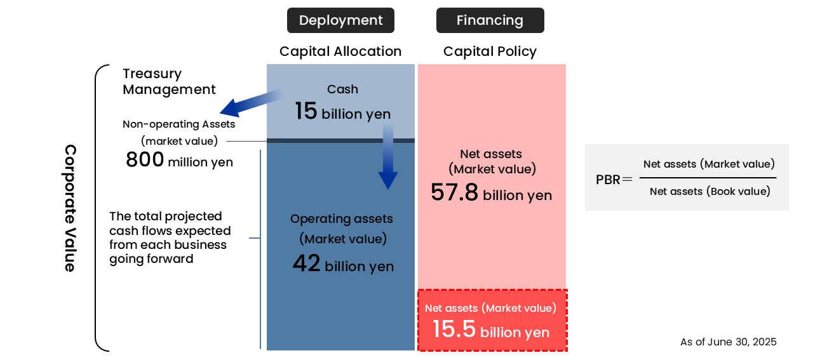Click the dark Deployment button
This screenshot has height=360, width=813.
pyautogui.click(x=340, y=20)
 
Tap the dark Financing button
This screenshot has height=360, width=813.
pyautogui.click(x=490, y=20)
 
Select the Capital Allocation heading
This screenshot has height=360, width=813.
pyautogui.click(x=340, y=51)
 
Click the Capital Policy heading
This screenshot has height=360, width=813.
pyautogui.click(x=490, y=51)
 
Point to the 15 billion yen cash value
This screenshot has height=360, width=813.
pyautogui.click(x=342, y=112)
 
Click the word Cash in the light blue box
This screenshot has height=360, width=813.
pyautogui.click(x=342, y=90)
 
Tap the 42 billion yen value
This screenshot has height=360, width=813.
pyautogui.click(x=343, y=264)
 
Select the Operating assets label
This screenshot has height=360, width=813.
pyautogui.click(x=342, y=219)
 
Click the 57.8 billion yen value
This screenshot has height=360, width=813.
pyautogui.click(x=491, y=193)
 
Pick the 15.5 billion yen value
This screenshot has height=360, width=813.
pyautogui.click(x=491, y=330)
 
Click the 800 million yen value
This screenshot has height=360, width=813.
pyautogui.click(x=179, y=161)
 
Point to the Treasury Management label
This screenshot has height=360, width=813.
pyautogui.click(x=169, y=82)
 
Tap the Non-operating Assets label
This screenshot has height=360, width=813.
pyautogui.click(x=179, y=124)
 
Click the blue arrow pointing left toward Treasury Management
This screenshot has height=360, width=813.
pyautogui.click(x=250, y=103)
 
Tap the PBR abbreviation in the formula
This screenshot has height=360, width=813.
pyautogui.click(x=608, y=180)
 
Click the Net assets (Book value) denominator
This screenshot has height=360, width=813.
pyautogui.click(x=709, y=191)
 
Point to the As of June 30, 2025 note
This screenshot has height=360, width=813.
pyautogui.click(x=728, y=342)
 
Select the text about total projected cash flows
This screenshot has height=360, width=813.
pyautogui.click(x=170, y=237)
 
